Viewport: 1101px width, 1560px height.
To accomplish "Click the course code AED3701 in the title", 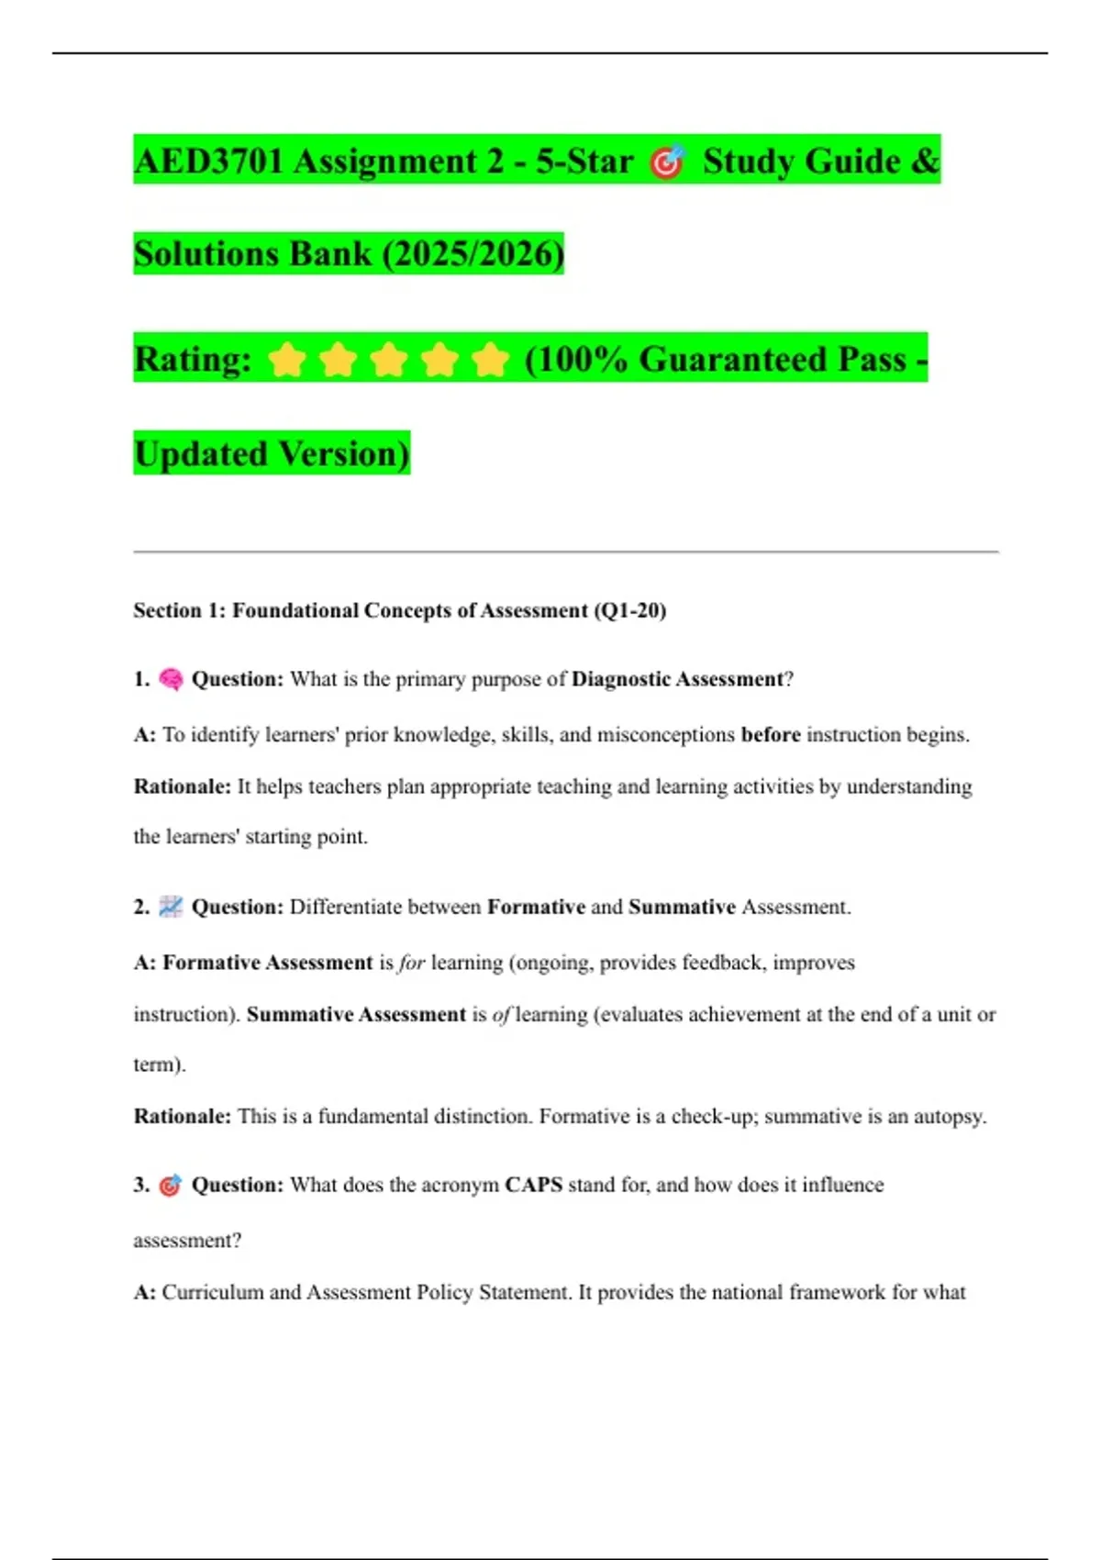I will (208, 162).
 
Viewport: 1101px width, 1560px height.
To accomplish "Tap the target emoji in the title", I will (667, 162).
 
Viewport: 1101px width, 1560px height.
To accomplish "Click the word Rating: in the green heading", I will (193, 360).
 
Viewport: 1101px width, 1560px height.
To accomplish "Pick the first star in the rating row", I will (287, 360).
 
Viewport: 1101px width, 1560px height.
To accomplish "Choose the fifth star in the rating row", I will (491, 360).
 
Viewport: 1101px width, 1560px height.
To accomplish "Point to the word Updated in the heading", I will (201, 453).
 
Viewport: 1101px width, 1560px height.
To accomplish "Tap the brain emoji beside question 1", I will (171, 679).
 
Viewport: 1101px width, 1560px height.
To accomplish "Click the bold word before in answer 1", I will (771, 735).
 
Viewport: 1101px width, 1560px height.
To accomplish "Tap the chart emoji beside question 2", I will (171, 907).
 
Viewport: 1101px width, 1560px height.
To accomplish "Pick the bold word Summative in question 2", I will (682, 908).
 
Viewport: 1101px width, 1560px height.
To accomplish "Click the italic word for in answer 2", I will (412, 963).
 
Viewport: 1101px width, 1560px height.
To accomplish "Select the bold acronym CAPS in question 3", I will (533, 1185).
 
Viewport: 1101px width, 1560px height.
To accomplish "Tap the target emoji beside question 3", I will (171, 1185).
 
